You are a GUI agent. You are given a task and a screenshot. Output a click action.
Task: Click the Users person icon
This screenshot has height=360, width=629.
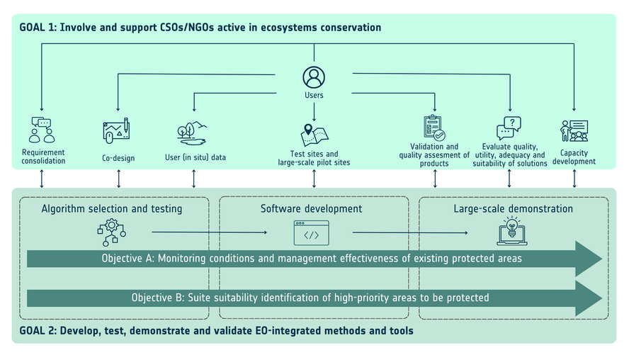tap(314, 77)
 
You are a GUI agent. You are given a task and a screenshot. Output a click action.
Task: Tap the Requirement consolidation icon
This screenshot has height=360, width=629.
tap(42, 130)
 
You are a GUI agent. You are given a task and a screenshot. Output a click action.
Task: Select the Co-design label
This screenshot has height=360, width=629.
tap(118, 158)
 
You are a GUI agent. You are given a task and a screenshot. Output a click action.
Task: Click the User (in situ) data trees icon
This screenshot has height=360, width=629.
tap(192, 133)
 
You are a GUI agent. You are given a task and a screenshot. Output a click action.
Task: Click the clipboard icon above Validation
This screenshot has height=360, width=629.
tap(434, 128)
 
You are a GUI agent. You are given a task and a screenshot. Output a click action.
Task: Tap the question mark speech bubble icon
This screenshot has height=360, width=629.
tap(509, 128)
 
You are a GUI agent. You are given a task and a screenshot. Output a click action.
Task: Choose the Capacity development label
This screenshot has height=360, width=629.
tap(574, 157)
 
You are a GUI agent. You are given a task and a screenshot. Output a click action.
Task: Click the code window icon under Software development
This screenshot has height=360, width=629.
tap(311, 232)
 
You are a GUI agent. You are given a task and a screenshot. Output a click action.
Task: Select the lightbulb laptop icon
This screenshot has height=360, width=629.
tap(512, 231)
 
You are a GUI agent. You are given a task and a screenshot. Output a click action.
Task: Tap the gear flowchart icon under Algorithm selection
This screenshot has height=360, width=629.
tap(111, 232)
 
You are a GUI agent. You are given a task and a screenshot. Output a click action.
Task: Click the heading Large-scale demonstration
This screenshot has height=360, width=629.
tap(513, 208)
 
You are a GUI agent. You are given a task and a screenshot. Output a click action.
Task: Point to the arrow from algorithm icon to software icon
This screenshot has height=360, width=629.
tap(210, 232)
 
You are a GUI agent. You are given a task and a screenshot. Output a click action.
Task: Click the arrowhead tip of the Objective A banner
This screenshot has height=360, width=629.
tap(603, 259)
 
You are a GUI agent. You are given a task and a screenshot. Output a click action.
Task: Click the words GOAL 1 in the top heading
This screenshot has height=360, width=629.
tap(38, 28)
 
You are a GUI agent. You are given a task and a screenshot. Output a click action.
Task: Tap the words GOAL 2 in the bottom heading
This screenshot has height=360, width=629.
tap(38, 331)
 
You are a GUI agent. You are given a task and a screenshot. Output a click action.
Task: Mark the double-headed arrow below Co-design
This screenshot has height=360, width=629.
tap(119, 179)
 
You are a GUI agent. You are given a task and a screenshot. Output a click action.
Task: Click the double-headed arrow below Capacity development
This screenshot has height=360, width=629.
tap(574, 179)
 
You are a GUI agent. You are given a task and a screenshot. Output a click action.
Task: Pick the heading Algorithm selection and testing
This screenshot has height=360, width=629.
tap(112, 209)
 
